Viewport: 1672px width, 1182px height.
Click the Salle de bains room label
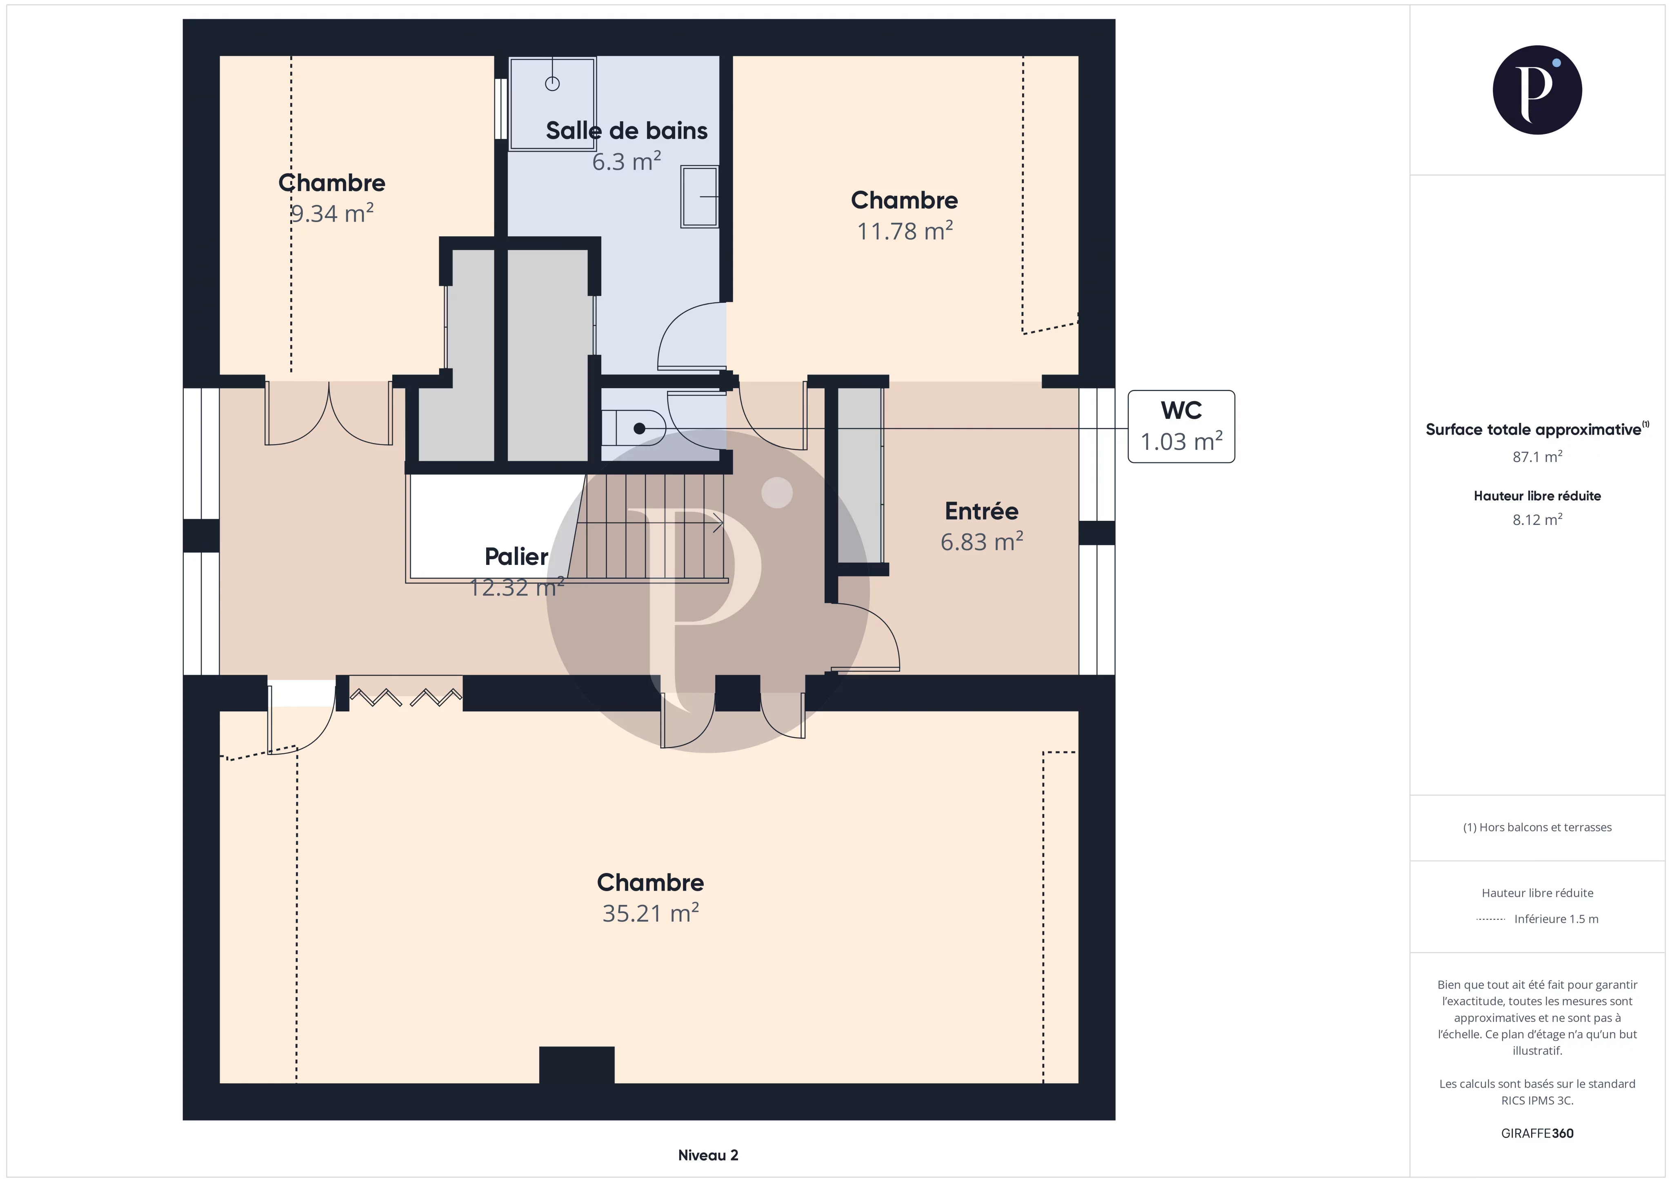click(x=626, y=131)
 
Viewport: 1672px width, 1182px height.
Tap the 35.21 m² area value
click(x=650, y=913)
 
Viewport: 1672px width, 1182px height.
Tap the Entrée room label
click(x=981, y=511)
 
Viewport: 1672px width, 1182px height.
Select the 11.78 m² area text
click(x=905, y=231)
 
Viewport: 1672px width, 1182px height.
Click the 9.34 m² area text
click(x=332, y=214)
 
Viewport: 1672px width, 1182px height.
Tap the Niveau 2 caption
click(x=708, y=1155)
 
